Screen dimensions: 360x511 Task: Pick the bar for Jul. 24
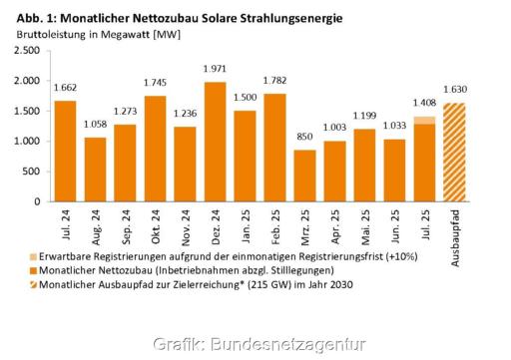point(65,151)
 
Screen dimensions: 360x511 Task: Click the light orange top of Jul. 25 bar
point(425,120)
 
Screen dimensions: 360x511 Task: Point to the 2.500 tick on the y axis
point(27,50)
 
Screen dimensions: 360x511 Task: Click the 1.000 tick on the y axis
point(27,141)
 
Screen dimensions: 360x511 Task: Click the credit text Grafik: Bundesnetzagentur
point(254,344)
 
